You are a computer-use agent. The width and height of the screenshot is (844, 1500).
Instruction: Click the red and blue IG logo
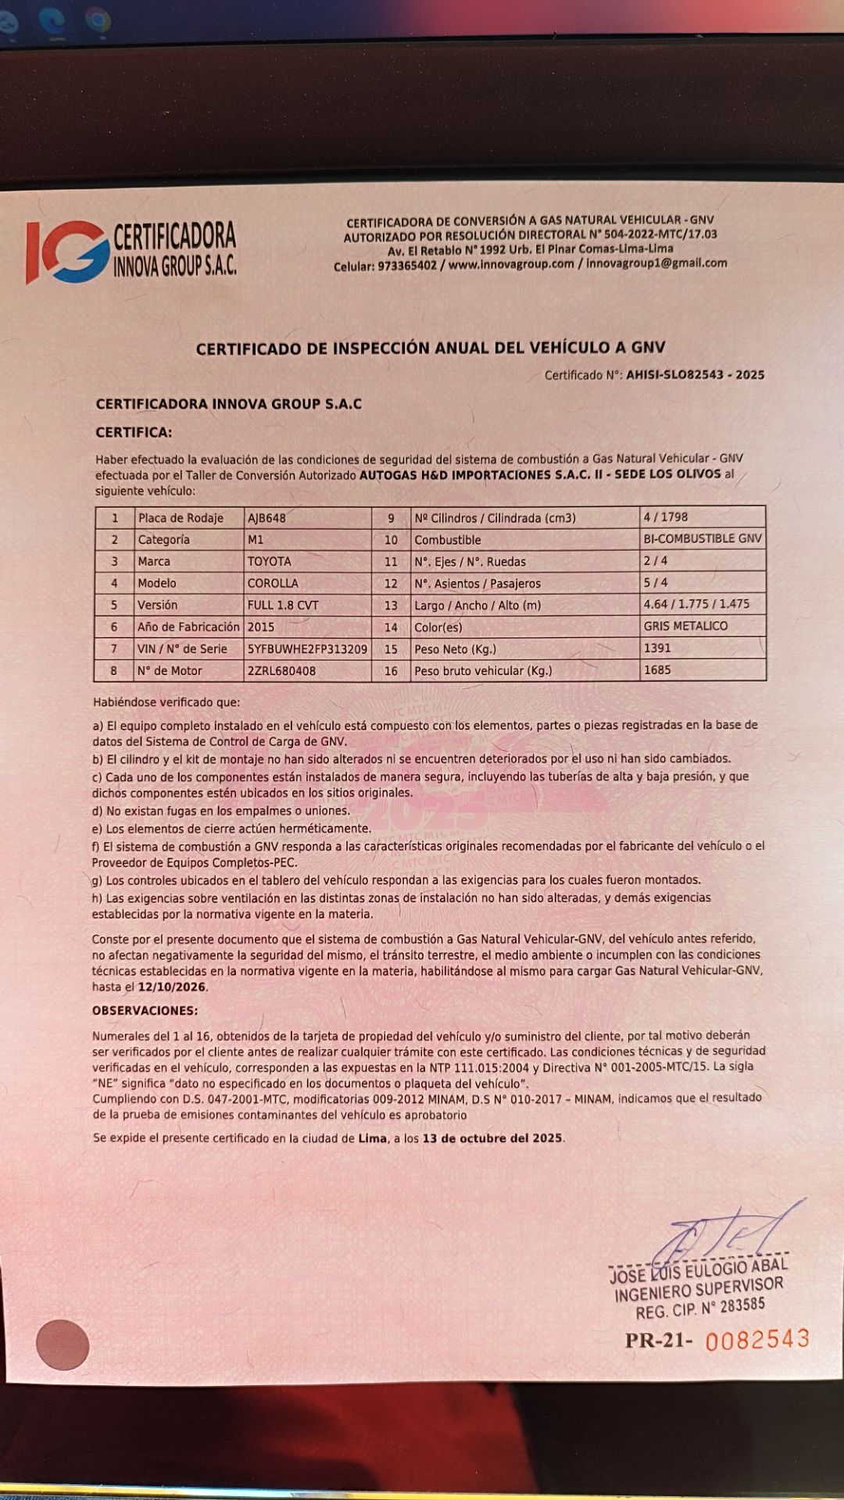tap(67, 252)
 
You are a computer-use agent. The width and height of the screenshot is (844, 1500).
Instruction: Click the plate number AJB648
tap(266, 518)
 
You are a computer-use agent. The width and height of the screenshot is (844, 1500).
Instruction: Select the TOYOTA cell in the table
tap(269, 562)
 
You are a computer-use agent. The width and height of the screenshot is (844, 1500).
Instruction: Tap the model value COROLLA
tap(271, 584)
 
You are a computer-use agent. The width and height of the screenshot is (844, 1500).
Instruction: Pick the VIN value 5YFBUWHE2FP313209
tap(307, 649)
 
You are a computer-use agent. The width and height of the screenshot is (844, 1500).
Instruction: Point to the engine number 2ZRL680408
tap(281, 671)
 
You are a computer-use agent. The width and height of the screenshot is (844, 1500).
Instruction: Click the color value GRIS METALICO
tap(685, 627)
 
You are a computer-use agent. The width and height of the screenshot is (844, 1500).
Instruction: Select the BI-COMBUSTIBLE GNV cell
tap(702, 539)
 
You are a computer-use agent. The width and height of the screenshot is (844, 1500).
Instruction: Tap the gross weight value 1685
tap(657, 670)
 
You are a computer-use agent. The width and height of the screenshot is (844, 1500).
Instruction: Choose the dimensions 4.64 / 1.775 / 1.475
tap(696, 605)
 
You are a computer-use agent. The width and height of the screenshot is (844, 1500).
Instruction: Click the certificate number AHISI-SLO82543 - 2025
tap(695, 375)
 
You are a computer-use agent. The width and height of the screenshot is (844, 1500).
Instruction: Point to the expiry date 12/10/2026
tap(172, 987)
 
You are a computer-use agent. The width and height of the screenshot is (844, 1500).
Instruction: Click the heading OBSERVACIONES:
tap(145, 1011)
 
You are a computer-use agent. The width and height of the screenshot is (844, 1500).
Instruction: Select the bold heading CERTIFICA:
tap(134, 433)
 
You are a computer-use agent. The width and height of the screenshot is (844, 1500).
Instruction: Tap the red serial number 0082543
tap(756, 1340)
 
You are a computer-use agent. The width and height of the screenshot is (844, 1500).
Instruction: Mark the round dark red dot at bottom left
tap(63, 1345)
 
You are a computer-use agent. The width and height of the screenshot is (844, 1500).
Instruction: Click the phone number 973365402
tap(407, 266)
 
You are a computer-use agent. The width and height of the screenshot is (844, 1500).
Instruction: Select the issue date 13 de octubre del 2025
tap(492, 1138)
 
